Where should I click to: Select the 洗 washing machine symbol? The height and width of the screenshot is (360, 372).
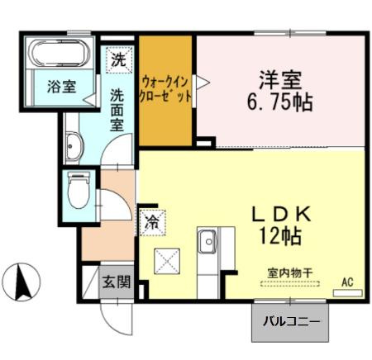point(119,59)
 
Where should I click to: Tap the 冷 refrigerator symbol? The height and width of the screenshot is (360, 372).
point(153,220)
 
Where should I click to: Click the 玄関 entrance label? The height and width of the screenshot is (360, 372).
point(117,282)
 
